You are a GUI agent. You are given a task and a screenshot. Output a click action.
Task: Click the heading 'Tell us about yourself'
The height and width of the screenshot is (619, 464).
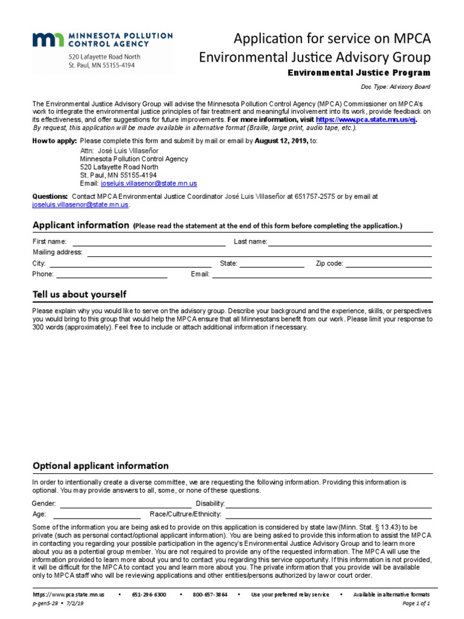pyautogui.click(x=79, y=294)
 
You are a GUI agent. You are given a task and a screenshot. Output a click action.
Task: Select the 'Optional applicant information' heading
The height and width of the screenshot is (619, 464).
pyautogui.click(x=100, y=466)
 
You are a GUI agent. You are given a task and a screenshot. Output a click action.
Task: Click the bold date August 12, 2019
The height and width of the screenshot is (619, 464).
pyautogui.click(x=281, y=141)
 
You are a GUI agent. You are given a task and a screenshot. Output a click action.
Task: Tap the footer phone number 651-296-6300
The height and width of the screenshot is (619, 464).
pyautogui.click(x=149, y=595)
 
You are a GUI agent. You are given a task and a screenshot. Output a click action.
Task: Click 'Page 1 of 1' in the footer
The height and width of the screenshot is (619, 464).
pyautogui.click(x=416, y=604)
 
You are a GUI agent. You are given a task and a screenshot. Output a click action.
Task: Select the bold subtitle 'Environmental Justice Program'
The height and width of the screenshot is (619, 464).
pyautogui.click(x=358, y=73)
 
